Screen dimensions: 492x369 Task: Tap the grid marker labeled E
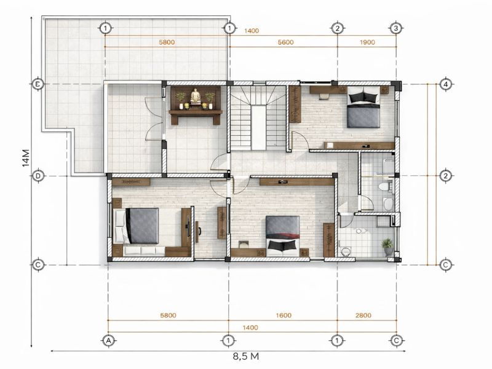tap(38, 84)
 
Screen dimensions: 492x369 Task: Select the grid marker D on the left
tap(38, 176)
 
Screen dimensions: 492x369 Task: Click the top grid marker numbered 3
tap(396, 28)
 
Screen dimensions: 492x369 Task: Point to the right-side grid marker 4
tap(445, 84)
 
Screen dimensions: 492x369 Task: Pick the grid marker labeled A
tap(109, 341)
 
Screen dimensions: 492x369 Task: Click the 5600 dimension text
tap(285, 42)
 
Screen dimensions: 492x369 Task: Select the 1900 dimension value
tap(367, 42)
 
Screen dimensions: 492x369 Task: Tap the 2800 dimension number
tap(363, 315)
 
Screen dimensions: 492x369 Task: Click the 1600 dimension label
tap(284, 315)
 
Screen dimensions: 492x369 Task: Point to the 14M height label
tap(26, 157)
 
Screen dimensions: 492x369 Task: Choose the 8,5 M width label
tap(246, 357)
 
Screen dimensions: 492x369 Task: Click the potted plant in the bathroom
tap(388, 247)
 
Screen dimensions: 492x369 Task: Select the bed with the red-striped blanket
tap(282, 236)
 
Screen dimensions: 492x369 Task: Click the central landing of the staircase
tap(258, 128)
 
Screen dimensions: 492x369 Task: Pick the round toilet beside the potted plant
tap(346, 252)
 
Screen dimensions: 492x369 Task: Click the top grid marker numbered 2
tap(337, 28)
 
